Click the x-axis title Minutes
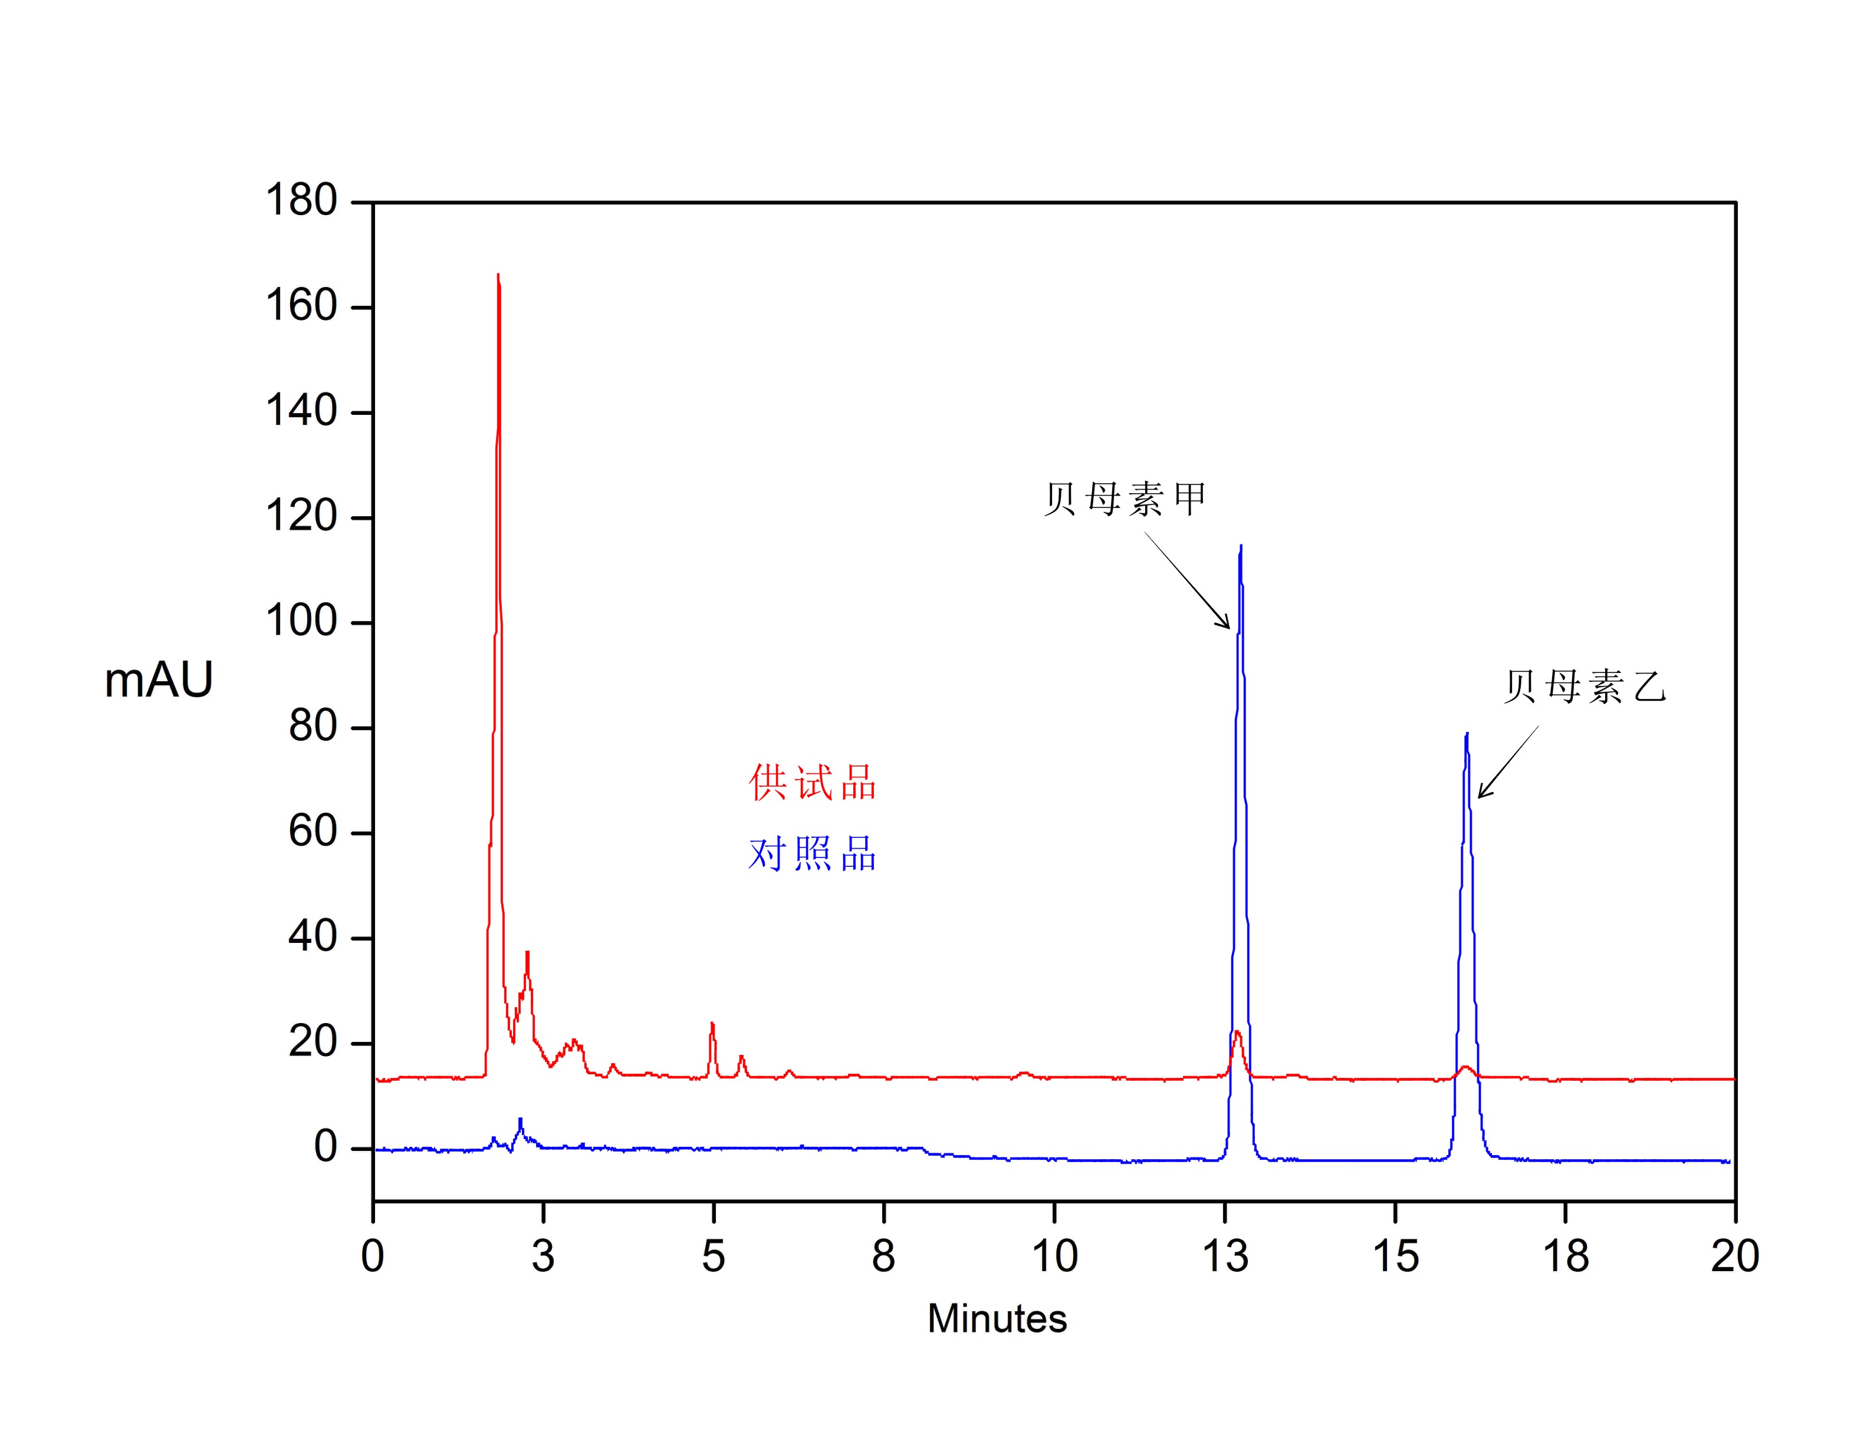tap(997, 1318)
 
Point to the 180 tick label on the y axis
tap(301, 201)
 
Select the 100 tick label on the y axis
tap(301, 621)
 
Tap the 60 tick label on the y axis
tap(313, 832)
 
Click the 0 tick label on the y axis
tap(326, 1147)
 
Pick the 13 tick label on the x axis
tap(1225, 1256)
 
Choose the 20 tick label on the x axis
tap(1734, 1256)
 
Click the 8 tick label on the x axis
tap(883, 1256)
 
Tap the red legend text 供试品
tap(812, 782)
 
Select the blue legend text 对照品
tap(812, 854)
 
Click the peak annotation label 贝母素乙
tap(1585, 686)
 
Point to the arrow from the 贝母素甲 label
tap(1188, 581)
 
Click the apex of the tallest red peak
tap(498, 276)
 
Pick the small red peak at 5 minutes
tap(712, 1024)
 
